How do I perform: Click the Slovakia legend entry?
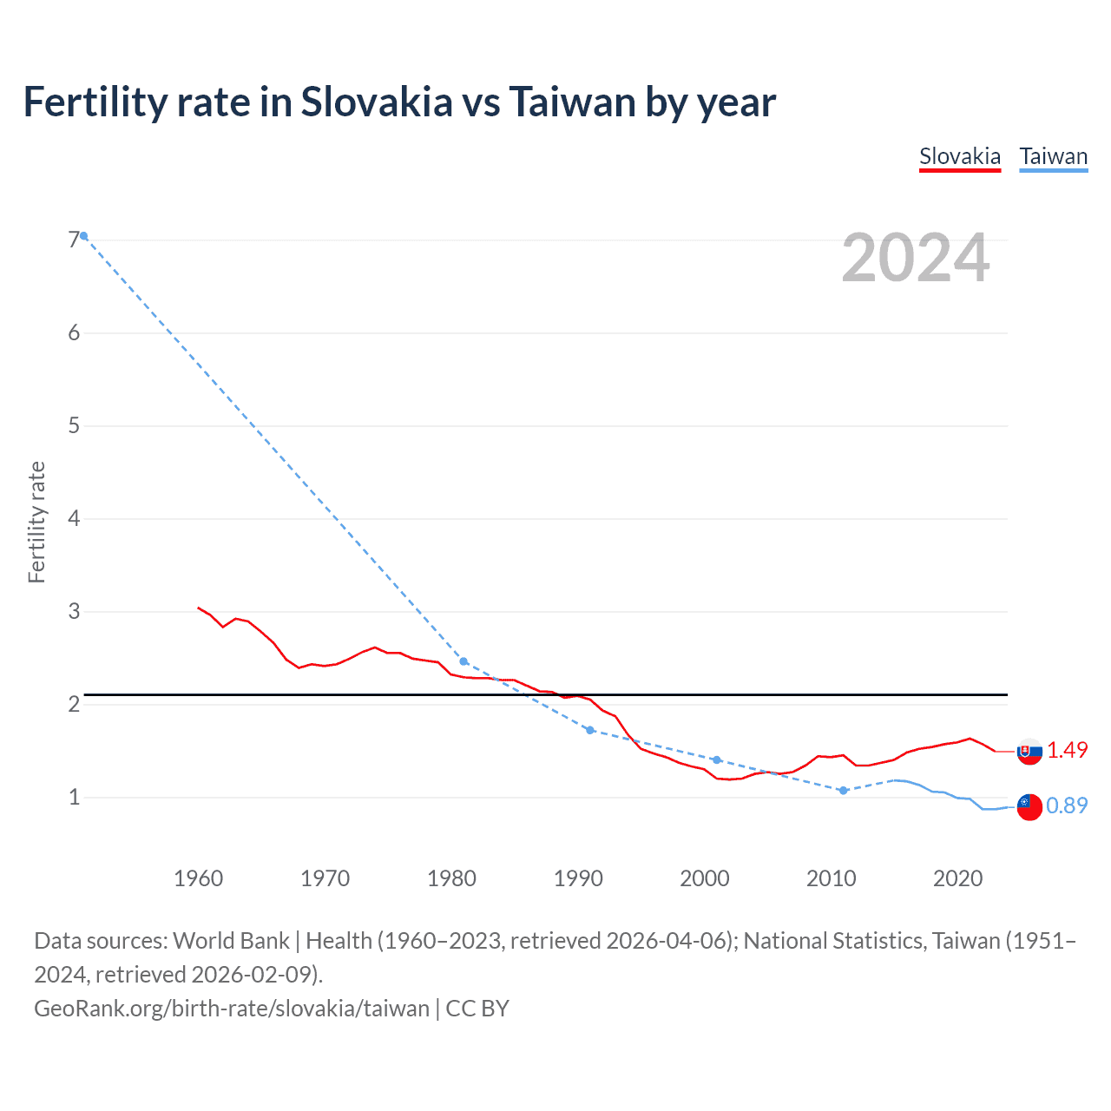(x=959, y=156)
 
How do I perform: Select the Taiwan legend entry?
(x=1053, y=156)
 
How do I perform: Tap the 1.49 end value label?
(x=1067, y=750)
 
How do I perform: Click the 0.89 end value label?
(x=1067, y=805)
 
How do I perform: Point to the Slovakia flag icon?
(x=1029, y=752)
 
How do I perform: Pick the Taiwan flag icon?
(x=1029, y=806)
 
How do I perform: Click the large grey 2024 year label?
(x=915, y=258)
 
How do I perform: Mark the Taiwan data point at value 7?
(x=83, y=235)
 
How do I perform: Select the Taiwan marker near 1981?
(x=463, y=661)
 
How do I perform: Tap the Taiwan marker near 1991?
(x=590, y=730)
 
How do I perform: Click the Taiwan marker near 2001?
(x=716, y=759)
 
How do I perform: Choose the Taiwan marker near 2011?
(x=843, y=790)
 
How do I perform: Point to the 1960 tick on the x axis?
(x=199, y=878)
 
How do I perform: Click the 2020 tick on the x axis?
(x=957, y=878)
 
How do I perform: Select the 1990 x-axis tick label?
(x=578, y=878)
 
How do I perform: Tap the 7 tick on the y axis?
(x=74, y=240)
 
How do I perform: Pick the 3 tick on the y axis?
(x=74, y=611)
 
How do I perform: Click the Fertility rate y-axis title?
(x=36, y=523)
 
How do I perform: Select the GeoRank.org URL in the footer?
(x=232, y=1008)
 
